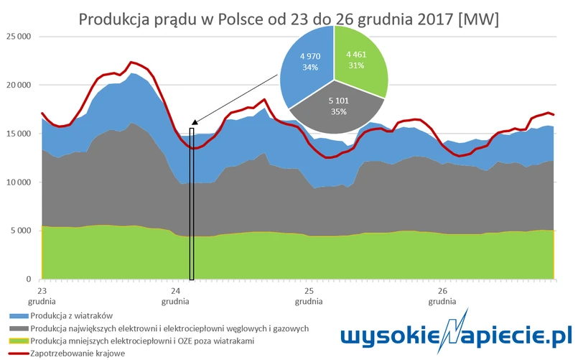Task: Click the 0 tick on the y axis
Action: point(28,280)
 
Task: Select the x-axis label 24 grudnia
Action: point(175,296)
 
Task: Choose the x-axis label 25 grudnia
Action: point(308,296)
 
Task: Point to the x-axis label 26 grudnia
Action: point(442,296)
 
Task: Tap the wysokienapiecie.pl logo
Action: point(457,335)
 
